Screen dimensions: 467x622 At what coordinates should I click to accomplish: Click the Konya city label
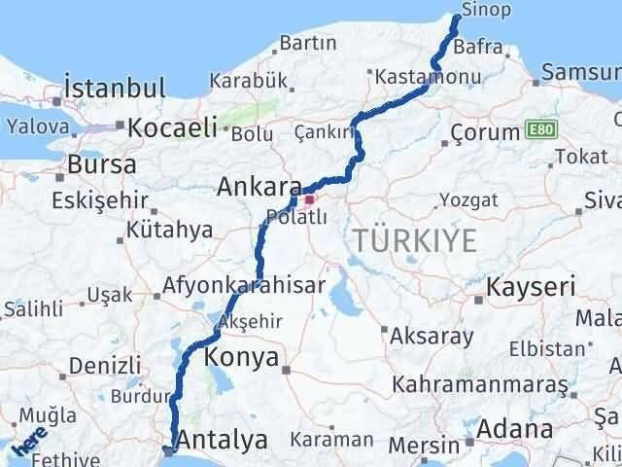[x=243, y=358]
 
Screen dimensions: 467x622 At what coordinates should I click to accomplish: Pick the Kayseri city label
[x=531, y=287]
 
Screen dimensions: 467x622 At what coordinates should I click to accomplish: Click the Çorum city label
[x=487, y=133]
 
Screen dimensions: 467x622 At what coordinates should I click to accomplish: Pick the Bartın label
[x=307, y=43]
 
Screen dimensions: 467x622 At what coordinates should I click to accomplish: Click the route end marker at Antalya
[x=170, y=450]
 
